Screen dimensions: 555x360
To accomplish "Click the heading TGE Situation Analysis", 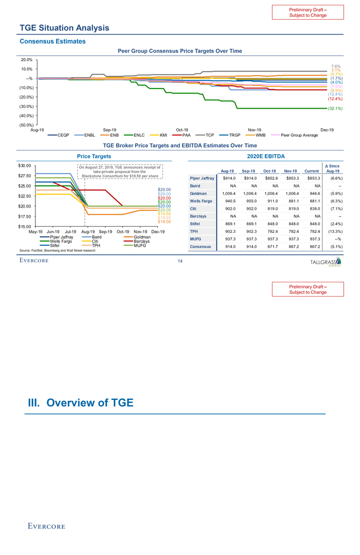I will [x=64, y=28].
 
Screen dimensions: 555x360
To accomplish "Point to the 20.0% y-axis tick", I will [x=26, y=59].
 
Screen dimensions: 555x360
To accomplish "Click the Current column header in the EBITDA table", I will [x=308, y=171].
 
